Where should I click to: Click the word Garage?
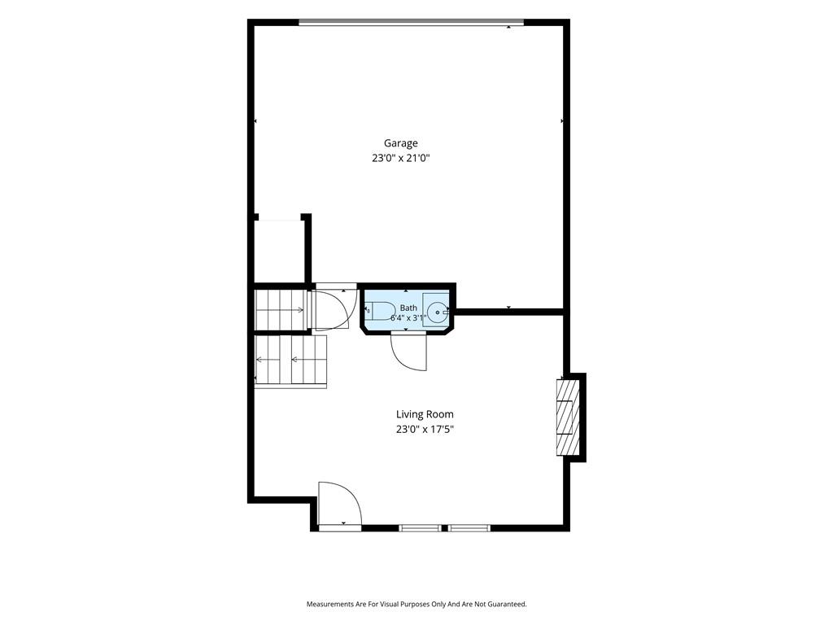pyautogui.click(x=400, y=143)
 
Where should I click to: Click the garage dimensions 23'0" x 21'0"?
pyautogui.click(x=400, y=158)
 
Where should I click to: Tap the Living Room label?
pyautogui.click(x=425, y=414)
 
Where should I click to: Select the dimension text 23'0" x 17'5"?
pyautogui.click(x=425, y=430)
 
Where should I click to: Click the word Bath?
pyautogui.click(x=408, y=308)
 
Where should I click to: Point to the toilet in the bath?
pyautogui.click(x=378, y=310)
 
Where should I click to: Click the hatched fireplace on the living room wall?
pyautogui.click(x=567, y=417)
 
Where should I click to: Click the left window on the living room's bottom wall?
pyautogui.click(x=419, y=527)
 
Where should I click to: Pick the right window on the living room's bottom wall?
pyautogui.click(x=469, y=527)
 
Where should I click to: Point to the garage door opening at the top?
pyautogui.click(x=411, y=22)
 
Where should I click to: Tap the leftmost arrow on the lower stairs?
pyautogui.click(x=268, y=360)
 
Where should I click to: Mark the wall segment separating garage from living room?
pyautogui.click(x=509, y=312)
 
